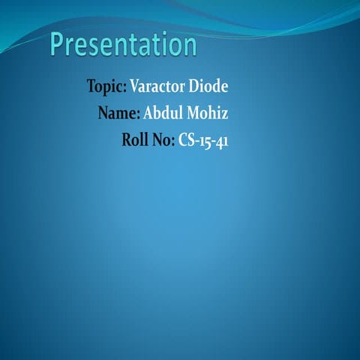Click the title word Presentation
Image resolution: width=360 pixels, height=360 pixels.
pos(124,45)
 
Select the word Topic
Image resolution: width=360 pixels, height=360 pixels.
pos(105,86)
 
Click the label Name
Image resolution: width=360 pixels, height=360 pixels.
pos(116,114)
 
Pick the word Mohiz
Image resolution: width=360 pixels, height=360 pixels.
pos(207,114)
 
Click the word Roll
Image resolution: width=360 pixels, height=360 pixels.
pos(135,140)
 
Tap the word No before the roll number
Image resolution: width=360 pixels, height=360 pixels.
pos(163,140)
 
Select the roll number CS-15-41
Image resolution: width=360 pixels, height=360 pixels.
pos(203,140)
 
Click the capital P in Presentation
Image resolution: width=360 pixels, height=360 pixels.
pos(59,44)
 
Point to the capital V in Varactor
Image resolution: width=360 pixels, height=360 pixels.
pos(135,86)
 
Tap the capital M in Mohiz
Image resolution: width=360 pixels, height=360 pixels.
pos(193,114)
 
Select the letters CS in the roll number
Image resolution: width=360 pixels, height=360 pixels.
pos(186,140)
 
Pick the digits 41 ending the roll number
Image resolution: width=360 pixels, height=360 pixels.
pos(220,141)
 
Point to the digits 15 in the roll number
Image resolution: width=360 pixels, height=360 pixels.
pos(204,141)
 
